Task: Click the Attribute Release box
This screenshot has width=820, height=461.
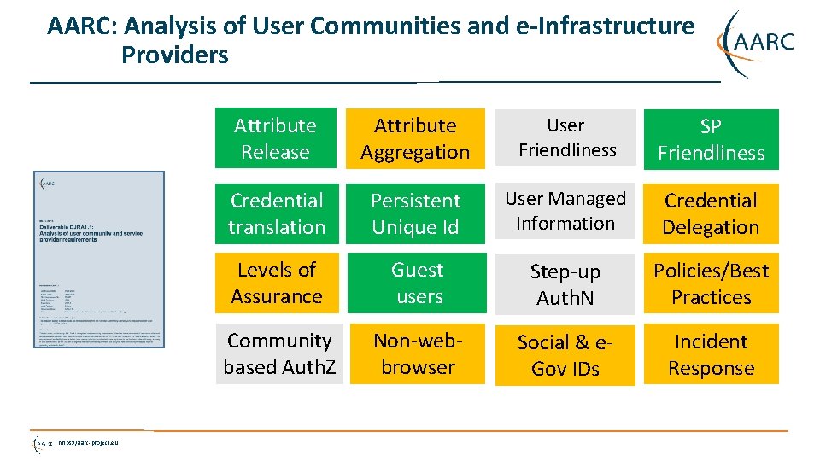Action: pos(276,139)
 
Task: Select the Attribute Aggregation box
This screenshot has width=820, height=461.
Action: pos(416,139)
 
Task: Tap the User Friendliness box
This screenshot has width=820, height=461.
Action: pos(565,137)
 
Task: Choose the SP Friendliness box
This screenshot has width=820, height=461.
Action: pos(711,139)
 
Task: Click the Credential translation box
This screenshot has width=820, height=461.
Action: pos(277,213)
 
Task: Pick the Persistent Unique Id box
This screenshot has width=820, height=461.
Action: pos(416,213)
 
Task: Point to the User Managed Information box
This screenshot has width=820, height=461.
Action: pos(565,211)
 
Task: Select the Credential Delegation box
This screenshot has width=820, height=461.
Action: pos(711,213)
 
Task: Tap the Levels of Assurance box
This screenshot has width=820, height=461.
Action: pos(277,283)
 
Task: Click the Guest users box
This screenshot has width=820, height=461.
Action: pos(418,283)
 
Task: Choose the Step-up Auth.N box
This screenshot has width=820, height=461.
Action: pos(565,284)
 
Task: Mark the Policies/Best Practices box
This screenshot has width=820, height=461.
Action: pos(711,283)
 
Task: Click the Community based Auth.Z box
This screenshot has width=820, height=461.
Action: pos(279,353)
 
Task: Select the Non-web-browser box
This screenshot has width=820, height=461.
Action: pos(418,353)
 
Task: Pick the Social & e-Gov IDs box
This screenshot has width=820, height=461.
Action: pos(565,355)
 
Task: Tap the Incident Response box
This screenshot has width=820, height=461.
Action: pos(711,354)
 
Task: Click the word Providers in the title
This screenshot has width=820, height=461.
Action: pos(175,55)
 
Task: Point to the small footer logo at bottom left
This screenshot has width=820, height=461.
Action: pos(43,443)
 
